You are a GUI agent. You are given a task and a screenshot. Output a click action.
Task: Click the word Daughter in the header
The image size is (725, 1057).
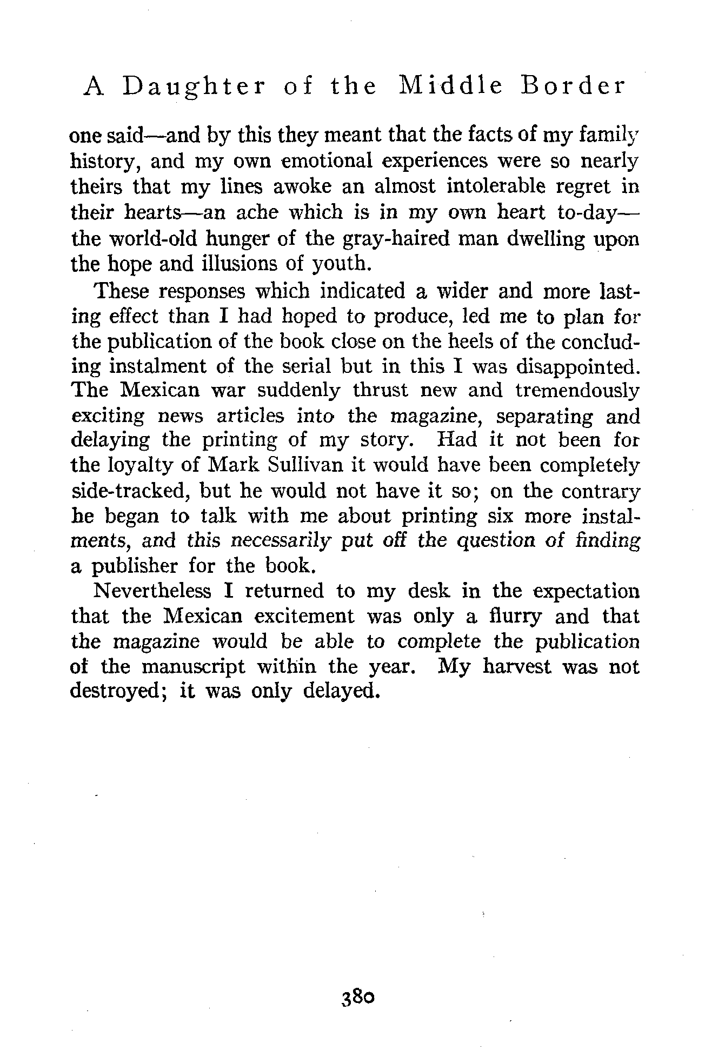[194, 87]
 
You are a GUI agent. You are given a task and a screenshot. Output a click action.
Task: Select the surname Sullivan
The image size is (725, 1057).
[302, 465]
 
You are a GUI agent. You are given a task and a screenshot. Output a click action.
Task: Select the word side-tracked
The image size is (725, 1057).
[130, 491]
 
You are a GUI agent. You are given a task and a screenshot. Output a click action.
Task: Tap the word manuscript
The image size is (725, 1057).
[193, 667]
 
